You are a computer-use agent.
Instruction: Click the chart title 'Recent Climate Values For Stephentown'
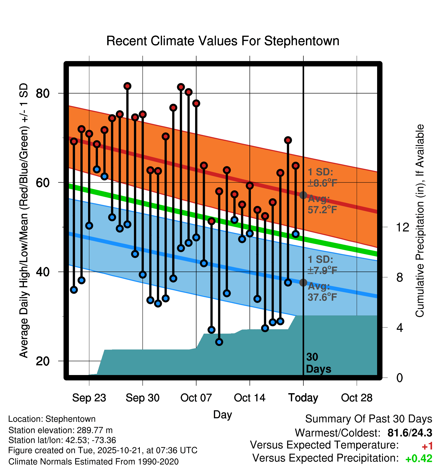(x=223, y=41)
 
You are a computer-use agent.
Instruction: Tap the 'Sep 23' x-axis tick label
(x=89, y=398)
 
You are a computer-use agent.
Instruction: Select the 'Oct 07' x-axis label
(x=196, y=398)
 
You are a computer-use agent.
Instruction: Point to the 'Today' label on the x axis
(x=303, y=398)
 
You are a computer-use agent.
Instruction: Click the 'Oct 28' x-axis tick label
(x=357, y=398)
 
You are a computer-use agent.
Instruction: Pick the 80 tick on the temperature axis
(x=43, y=94)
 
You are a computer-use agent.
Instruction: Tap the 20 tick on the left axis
(x=43, y=361)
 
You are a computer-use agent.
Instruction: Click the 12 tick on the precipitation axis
(x=403, y=227)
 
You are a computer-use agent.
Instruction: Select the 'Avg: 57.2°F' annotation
(x=322, y=204)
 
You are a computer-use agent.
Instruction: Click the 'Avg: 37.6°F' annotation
(x=322, y=292)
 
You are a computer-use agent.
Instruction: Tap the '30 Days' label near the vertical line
(x=318, y=363)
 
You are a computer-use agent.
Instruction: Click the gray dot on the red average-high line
(x=303, y=195)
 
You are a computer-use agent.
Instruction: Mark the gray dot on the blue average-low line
(x=303, y=283)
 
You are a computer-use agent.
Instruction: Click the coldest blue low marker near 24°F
(x=219, y=342)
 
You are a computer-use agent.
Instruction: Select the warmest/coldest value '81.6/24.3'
(x=410, y=433)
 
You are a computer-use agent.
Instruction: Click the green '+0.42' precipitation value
(x=419, y=458)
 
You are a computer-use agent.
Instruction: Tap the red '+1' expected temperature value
(x=427, y=446)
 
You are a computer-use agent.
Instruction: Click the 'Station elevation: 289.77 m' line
(x=60, y=430)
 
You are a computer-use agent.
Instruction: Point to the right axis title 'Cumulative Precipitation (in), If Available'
(x=420, y=221)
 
